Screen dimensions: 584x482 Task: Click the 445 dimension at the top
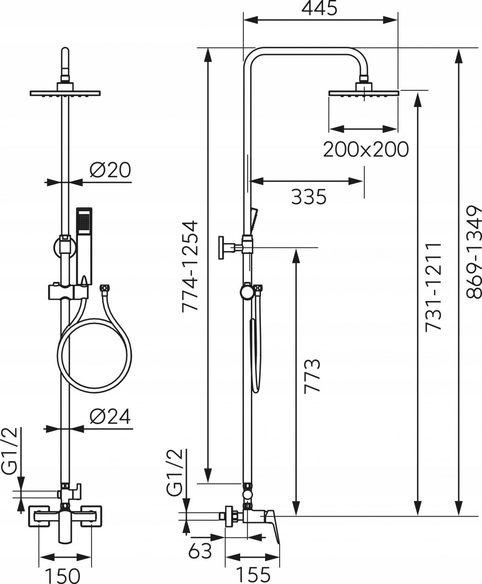pyautogui.click(x=320, y=8)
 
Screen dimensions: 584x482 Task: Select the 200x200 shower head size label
pyautogui.click(x=366, y=150)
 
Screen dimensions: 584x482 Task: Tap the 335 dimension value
pyautogui.click(x=308, y=197)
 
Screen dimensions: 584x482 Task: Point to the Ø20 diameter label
pyautogui.click(x=110, y=170)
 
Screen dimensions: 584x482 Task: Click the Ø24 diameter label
pyautogui.click(x=110, y=417)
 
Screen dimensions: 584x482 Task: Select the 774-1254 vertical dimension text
pyautogui.click(x=189, y=260)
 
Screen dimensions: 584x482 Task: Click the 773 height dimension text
pyautogui.click(x=312, y=376)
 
